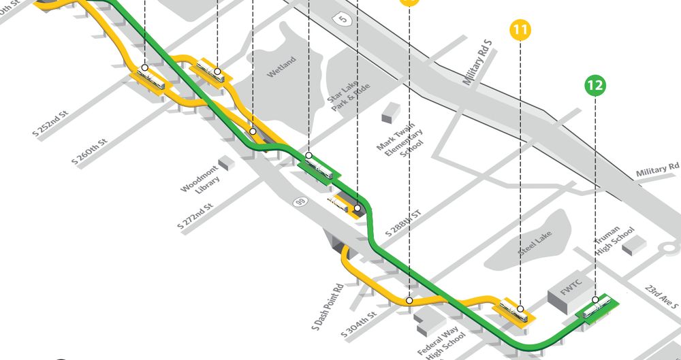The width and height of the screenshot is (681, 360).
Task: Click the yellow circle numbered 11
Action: coord(520,31)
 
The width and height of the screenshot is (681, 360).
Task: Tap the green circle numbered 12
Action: coord(595,86)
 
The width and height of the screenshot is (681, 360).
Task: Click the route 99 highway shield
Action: coord(299,202)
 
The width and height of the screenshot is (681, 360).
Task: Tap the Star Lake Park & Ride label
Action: coord(347,95)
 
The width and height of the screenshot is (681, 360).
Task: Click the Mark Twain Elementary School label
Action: coord(400,140)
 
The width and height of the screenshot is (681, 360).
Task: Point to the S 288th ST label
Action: coord(403,223)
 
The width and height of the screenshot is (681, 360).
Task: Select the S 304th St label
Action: coord(360,325)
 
